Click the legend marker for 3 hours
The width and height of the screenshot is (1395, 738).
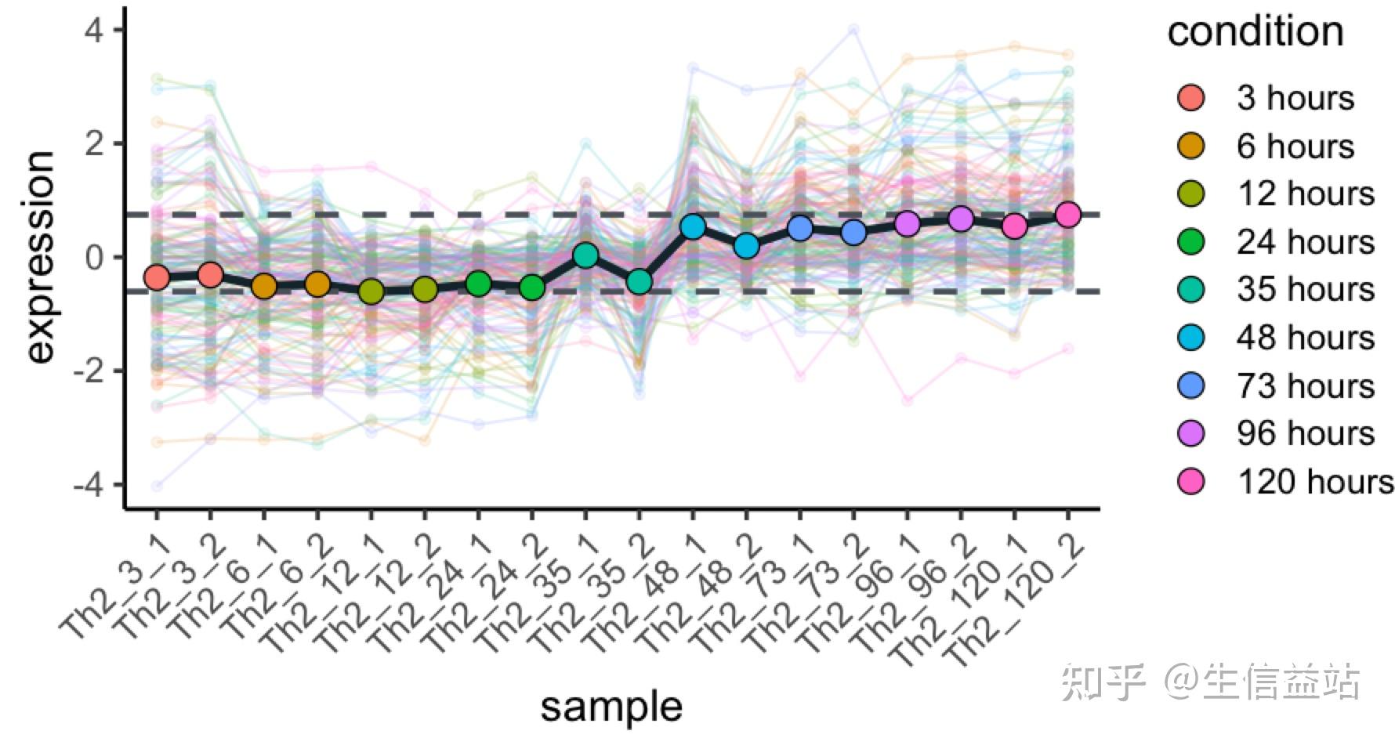1191,98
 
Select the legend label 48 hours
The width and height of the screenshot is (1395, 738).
1305,338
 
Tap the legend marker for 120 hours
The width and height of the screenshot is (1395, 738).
1191,481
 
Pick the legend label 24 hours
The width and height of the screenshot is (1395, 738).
1305,241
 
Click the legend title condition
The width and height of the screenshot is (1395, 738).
1255,32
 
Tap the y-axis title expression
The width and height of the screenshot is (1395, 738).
40,257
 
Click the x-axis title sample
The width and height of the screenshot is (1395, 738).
611,707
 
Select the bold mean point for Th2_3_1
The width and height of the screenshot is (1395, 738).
157,277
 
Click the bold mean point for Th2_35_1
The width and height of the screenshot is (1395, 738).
585,255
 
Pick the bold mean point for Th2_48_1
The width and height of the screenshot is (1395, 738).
693,227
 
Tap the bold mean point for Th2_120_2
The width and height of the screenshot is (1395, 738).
1067,215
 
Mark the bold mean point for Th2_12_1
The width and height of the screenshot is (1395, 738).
371,292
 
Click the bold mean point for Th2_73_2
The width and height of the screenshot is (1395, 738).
853,233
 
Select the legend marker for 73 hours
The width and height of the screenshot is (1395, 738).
1191,385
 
